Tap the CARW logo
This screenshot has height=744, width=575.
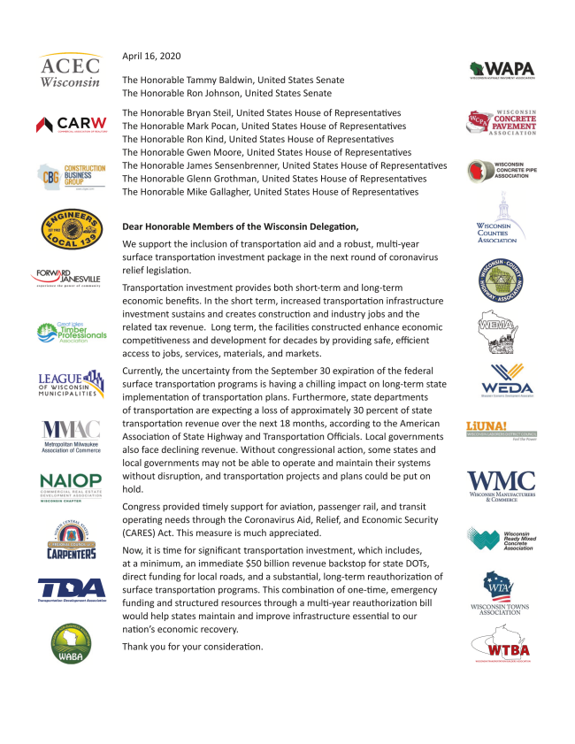click(72, 123)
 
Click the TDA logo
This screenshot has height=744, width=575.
click(72, 591)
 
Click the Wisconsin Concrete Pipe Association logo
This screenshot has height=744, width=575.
click(502, 171)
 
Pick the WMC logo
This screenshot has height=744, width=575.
click(501, 484)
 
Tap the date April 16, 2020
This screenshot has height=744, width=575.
click(151, 57)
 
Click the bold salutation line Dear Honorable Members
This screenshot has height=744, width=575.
click(240, 226)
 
